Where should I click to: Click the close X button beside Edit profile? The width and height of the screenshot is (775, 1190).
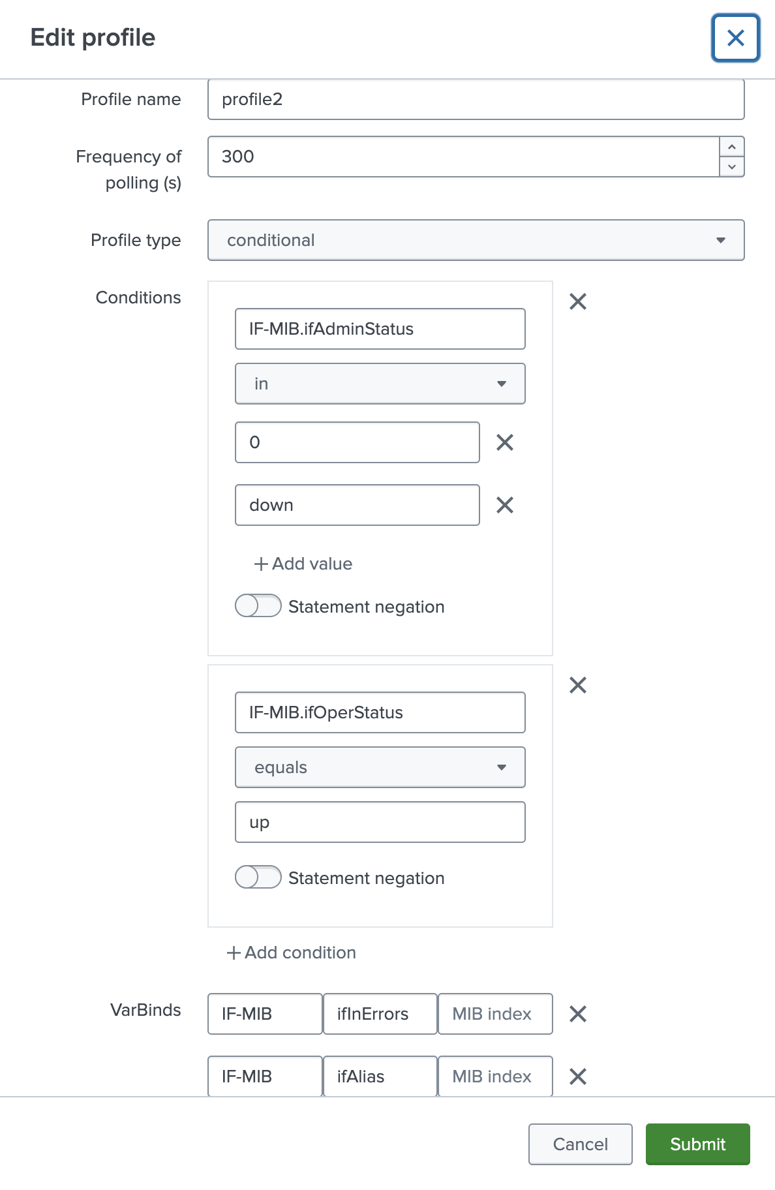735,38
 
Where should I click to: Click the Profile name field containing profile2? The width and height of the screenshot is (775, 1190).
476,100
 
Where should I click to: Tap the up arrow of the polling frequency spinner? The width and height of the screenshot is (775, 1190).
732,147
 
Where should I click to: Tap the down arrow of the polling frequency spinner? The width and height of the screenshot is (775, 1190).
732,167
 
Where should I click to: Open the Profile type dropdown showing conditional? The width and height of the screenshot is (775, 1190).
476,240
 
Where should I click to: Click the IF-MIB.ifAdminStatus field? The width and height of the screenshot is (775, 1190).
380,329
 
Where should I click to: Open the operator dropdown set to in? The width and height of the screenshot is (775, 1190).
380,384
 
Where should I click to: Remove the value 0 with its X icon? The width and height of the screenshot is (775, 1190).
505,442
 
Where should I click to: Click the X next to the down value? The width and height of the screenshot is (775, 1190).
505,505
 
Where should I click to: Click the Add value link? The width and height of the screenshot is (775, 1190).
303,564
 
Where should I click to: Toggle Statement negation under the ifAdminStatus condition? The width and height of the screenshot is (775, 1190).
258,606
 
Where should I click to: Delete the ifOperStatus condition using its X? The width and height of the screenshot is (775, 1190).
578,685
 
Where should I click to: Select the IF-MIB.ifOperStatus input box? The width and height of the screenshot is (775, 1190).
380,712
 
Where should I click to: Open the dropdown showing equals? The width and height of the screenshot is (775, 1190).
380,767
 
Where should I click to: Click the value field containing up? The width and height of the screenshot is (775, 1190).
380,822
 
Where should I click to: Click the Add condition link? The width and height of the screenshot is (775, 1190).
292,953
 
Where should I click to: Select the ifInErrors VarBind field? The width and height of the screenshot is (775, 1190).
380,1014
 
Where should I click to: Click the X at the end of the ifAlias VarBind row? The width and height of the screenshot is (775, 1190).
578,1076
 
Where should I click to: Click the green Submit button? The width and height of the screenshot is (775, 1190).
697,1144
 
